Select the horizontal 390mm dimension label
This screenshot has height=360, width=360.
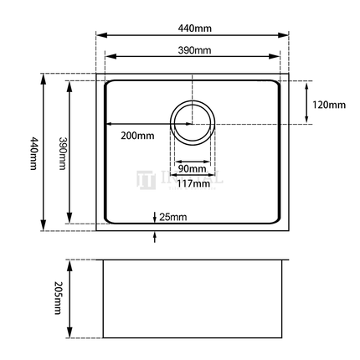click(x=194, y=50)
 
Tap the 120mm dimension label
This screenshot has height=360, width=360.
click(x=327, y=105)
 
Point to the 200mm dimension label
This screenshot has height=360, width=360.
click(x=137, y=135)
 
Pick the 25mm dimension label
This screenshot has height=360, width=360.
click(x=172, y=218)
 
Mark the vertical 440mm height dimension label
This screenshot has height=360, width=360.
click(x=33, y=152)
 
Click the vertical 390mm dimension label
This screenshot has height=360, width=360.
click(x=61, y=152)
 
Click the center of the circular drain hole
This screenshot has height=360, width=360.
click(x=193, y=123)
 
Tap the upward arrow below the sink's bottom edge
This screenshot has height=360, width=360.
click(x=154, y=235)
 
